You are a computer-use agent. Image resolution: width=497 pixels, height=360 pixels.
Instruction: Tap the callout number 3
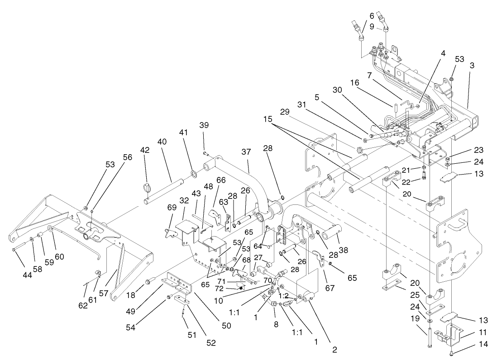coord(472,66)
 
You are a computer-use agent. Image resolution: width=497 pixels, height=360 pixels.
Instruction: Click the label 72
coord(231,288)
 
